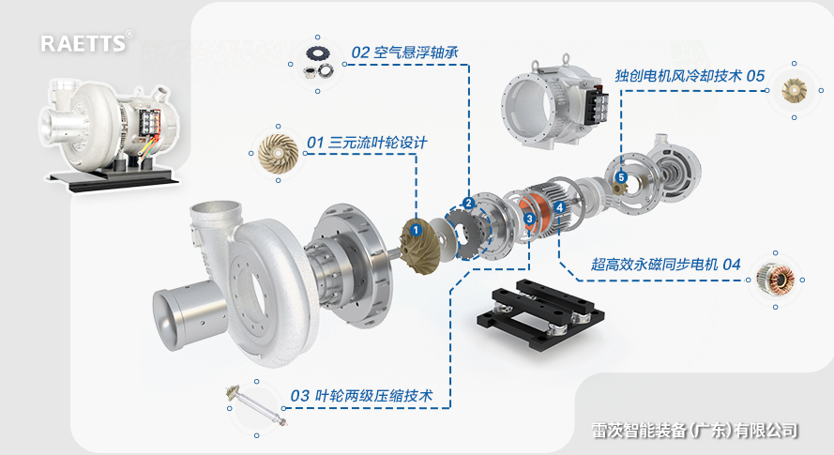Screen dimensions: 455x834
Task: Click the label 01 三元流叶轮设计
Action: pyautogui.click(x=367, y=143)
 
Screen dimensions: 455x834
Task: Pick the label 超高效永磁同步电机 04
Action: pyautogui.click(x=666, y=265)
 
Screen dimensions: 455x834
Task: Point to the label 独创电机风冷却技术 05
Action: pyautogui.click(x=690, y=74)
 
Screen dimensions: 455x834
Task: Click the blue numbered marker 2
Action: pyautogui.click(x=468, y=203)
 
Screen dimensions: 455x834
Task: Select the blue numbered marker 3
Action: pyautogui.click(x=530, y=219)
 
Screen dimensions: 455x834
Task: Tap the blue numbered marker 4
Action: pyautogui.click(x=559, y=207)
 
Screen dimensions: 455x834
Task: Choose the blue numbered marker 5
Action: pyautogui.click(x=620, y=177)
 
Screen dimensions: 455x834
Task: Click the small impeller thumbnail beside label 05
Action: pyautogui.click(x=795, y=90)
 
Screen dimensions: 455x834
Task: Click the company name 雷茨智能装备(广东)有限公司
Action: pyautogui.click(x=695, y=431)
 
